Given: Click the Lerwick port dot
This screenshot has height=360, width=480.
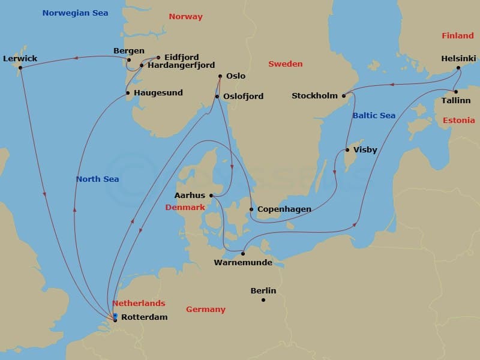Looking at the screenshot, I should click(x=20, y=67).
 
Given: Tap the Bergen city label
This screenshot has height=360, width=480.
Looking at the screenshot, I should click(x=128, y=51).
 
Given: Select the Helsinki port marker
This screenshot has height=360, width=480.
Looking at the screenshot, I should click(x=458, y=68).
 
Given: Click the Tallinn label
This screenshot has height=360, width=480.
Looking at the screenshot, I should click(x=455, y=100).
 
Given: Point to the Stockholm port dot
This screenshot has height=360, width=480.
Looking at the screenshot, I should click(x=344, y=96).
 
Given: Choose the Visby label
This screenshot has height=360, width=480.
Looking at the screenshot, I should click(x=365, y=150).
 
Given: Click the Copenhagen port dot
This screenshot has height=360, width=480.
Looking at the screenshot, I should click(x=251, y=209).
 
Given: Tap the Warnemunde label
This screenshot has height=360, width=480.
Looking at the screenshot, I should click(x=242, y=263).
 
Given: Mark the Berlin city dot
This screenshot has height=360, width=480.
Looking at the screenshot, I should click(x=263, y=299).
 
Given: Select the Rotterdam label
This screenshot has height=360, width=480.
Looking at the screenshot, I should click(x=144, y=317).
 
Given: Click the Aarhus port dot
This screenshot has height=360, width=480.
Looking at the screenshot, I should click(x=211, y=195).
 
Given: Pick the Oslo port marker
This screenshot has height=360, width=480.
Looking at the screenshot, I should click(x=220, y=76).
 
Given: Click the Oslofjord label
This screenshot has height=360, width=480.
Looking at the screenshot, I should click(x=242, y=96).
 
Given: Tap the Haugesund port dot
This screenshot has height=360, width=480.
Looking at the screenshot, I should click(x=127, y=93).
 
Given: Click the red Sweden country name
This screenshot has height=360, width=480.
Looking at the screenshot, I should click(x=285, y=64).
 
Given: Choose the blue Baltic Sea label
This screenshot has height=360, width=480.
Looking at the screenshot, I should click(x=374, y=115).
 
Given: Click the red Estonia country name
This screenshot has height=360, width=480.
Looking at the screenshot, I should click(x=458, y=121).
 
